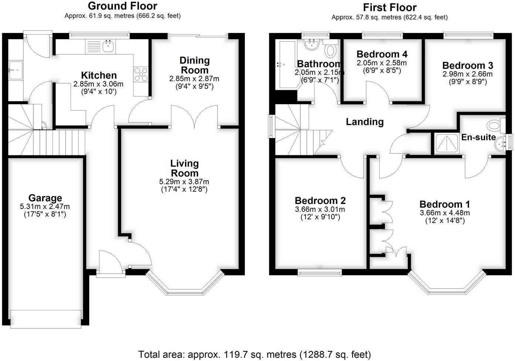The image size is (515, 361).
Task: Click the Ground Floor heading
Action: [x=122, y=6]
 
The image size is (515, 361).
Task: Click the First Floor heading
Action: [x=390, y=7]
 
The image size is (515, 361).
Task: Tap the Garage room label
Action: [x=45, y=198]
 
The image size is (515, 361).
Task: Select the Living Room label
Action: [x=185, y=168]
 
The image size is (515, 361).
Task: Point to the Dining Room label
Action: [x=194, y=65]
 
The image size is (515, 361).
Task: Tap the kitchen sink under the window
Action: [x=108, y=47]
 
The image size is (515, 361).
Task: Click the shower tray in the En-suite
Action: [x=447, y=144]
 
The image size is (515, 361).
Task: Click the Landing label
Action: [x=364, y=122]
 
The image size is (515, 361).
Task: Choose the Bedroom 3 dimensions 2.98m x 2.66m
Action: [x=468, y=74]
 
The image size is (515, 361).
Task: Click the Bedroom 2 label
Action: [x=320, y=200]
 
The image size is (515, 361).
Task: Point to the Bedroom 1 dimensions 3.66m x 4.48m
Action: [x=445, y=213]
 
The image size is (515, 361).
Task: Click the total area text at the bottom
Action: [x=255, y=354]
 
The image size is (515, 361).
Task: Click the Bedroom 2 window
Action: [x=320, y=273]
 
